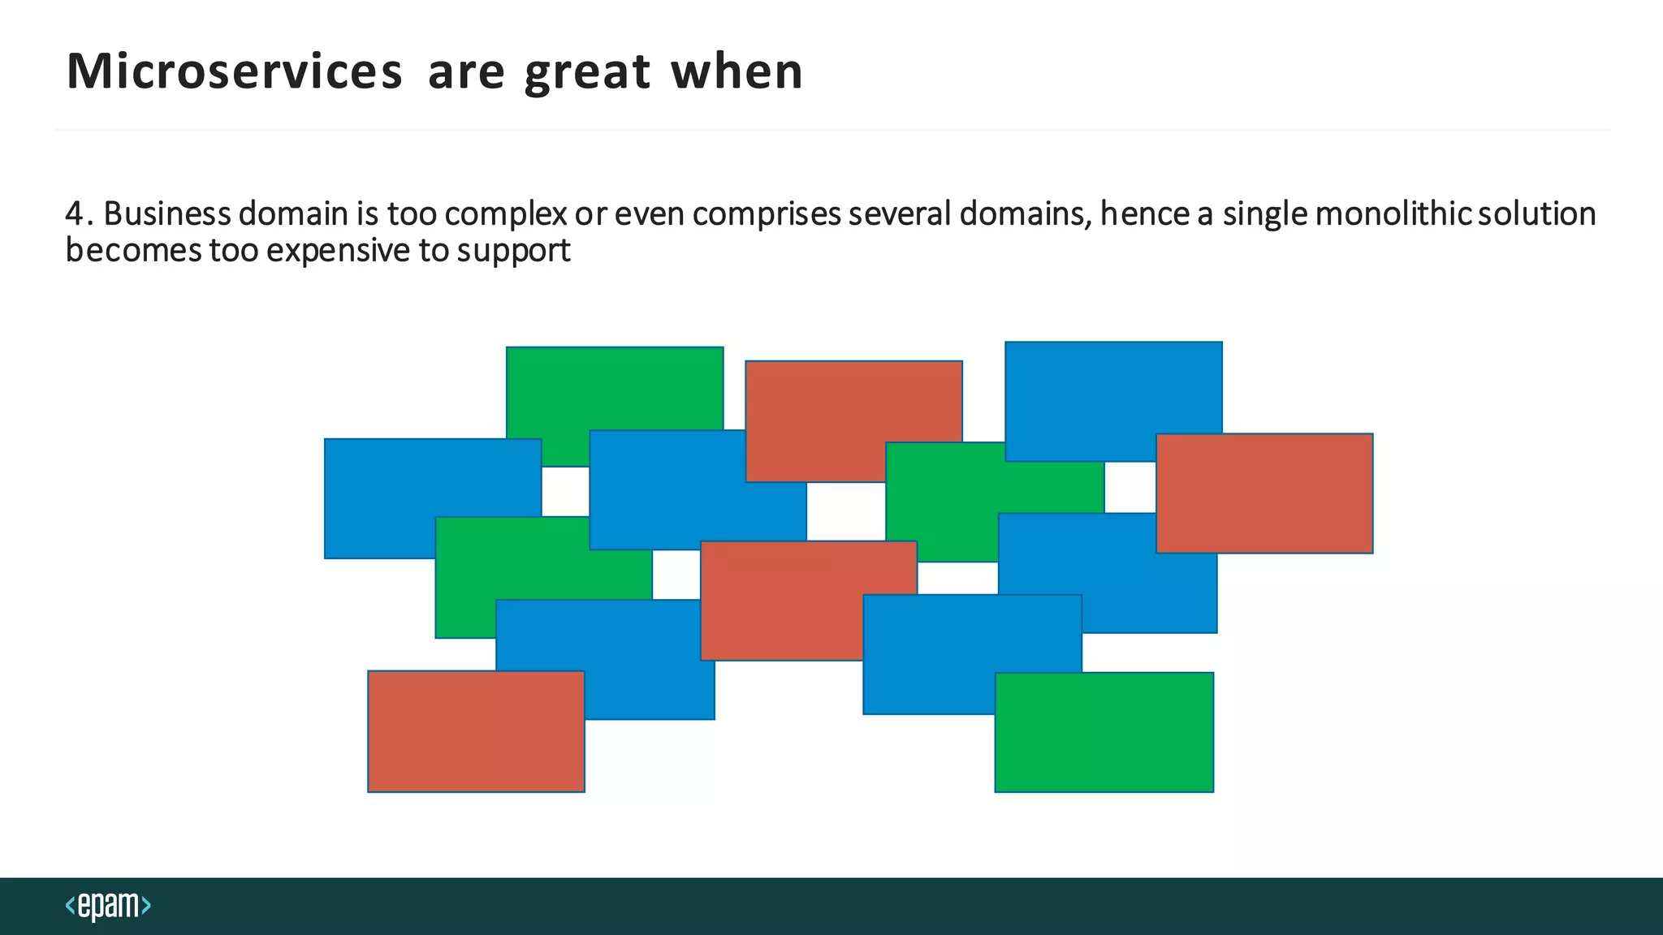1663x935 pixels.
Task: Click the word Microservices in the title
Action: point(234,71)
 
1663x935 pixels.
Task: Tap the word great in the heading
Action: point(587,73)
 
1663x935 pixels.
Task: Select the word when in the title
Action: point(736,71)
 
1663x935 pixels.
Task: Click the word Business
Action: point(167,213)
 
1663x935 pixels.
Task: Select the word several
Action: point(900,213)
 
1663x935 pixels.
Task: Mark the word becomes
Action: point(133,250)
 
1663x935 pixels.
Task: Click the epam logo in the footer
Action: point(108,905)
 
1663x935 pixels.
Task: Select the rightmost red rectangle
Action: point(1264,493)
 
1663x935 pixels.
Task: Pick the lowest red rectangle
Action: point(476,730)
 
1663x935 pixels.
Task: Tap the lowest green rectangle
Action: point(1104,732)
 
